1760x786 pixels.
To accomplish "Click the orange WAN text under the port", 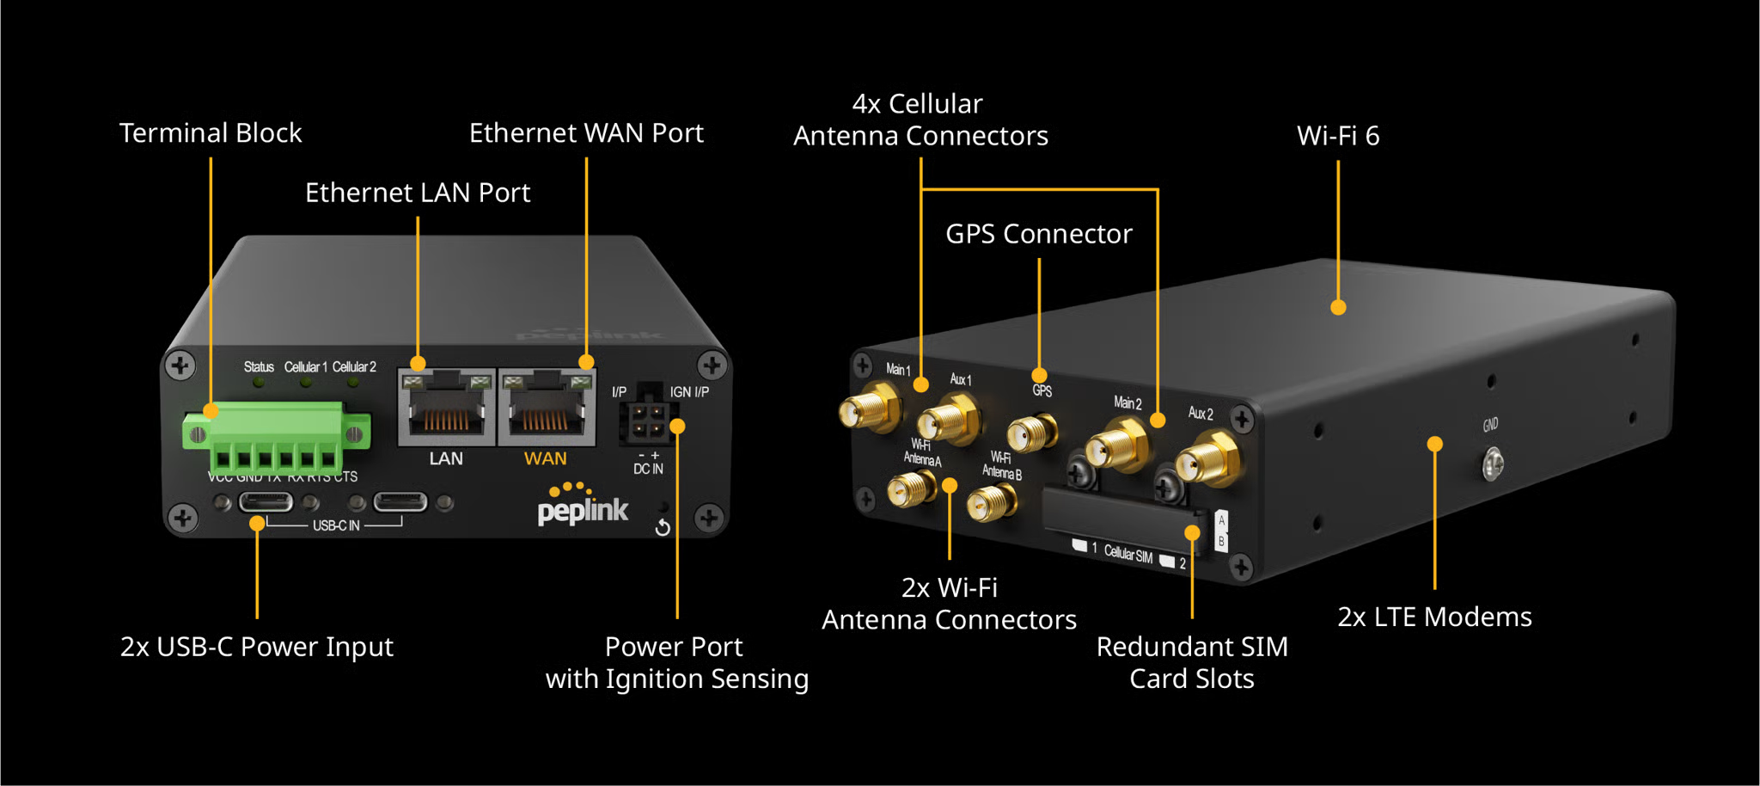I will [546, 459].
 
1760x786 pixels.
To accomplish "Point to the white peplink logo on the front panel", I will [583, 511].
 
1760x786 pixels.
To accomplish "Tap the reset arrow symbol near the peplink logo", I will [663, 527].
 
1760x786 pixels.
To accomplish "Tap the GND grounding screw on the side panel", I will [1493, 464].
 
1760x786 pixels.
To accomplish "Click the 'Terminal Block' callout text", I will [211, 133].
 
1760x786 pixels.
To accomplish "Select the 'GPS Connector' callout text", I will [1038, 234].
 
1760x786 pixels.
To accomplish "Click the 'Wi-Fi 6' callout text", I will [1337, 136].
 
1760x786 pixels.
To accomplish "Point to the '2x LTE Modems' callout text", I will [1434, 617].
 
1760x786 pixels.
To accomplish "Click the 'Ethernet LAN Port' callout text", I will [418, 193].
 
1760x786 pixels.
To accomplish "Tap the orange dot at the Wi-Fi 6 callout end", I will [1338, 307].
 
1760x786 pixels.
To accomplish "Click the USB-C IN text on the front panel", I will [336, 525].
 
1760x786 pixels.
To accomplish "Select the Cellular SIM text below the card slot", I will [1127, 555].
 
